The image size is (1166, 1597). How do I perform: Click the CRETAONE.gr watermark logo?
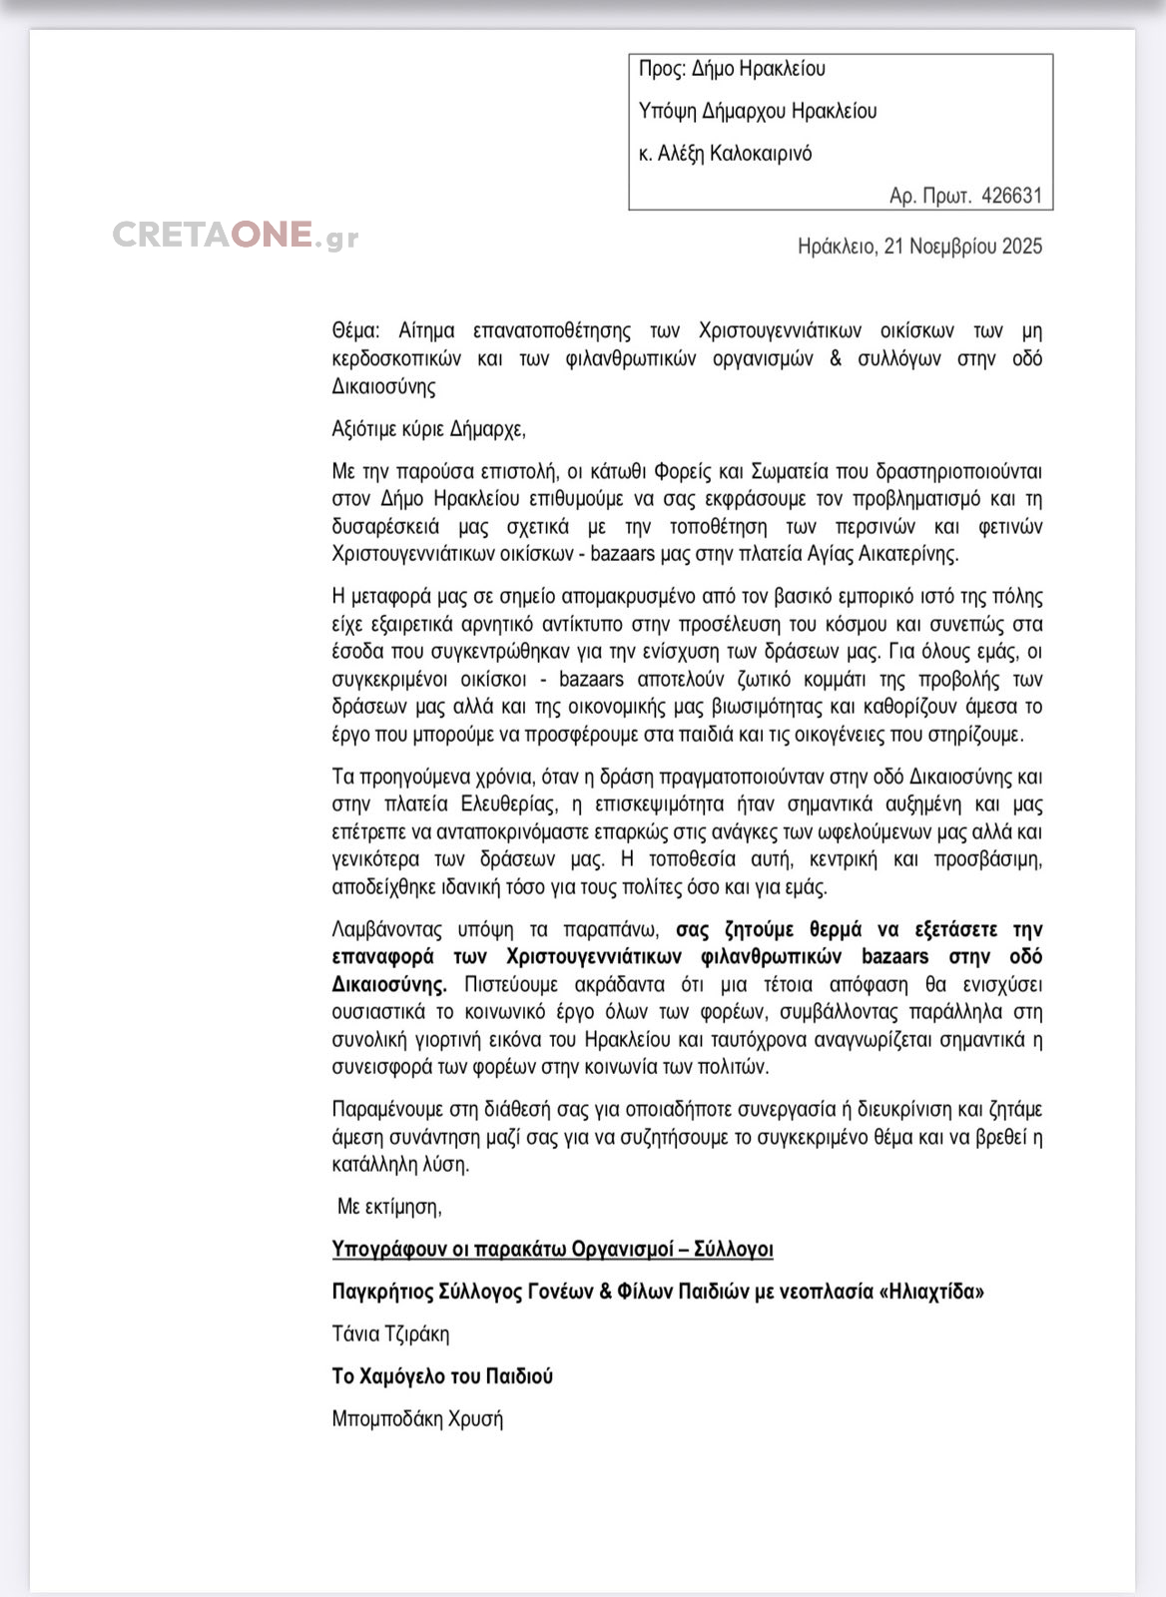pyautogui.click(x=236, y=235)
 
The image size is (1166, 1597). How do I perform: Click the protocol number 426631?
pyautogui.click(x=1011, y=196)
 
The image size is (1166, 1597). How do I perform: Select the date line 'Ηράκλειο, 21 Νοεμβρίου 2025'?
pyautogui.click(x=919, y=247)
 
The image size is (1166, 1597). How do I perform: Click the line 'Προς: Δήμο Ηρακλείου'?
pyautogui.click(x=732, y=69)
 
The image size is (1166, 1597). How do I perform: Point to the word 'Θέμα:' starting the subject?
pyautogui.click(x=355, y=330)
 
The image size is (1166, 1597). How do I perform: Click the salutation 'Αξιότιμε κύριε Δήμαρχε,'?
pyautogui.click(x=428, y=429)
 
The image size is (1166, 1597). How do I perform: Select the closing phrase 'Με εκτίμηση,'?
pyautogui.click(x=389, y=1207)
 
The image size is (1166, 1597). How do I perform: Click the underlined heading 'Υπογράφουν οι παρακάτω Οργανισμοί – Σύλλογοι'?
pyautogui.click(x=552, y=1250)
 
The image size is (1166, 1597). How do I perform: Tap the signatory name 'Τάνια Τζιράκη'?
pyautogui.click(x=390, y=1334)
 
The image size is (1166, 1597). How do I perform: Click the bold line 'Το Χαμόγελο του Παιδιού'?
pyautogui.click(x=442, y=1376)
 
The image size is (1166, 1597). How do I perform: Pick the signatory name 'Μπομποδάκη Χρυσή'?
pyautogui.click(x=417, y=1419)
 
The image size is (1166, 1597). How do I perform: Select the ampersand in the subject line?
pyautogui.click(x=835, y=358)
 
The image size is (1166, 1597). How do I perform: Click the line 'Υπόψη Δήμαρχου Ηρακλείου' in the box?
pyautogui.click(x=757, y=111)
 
